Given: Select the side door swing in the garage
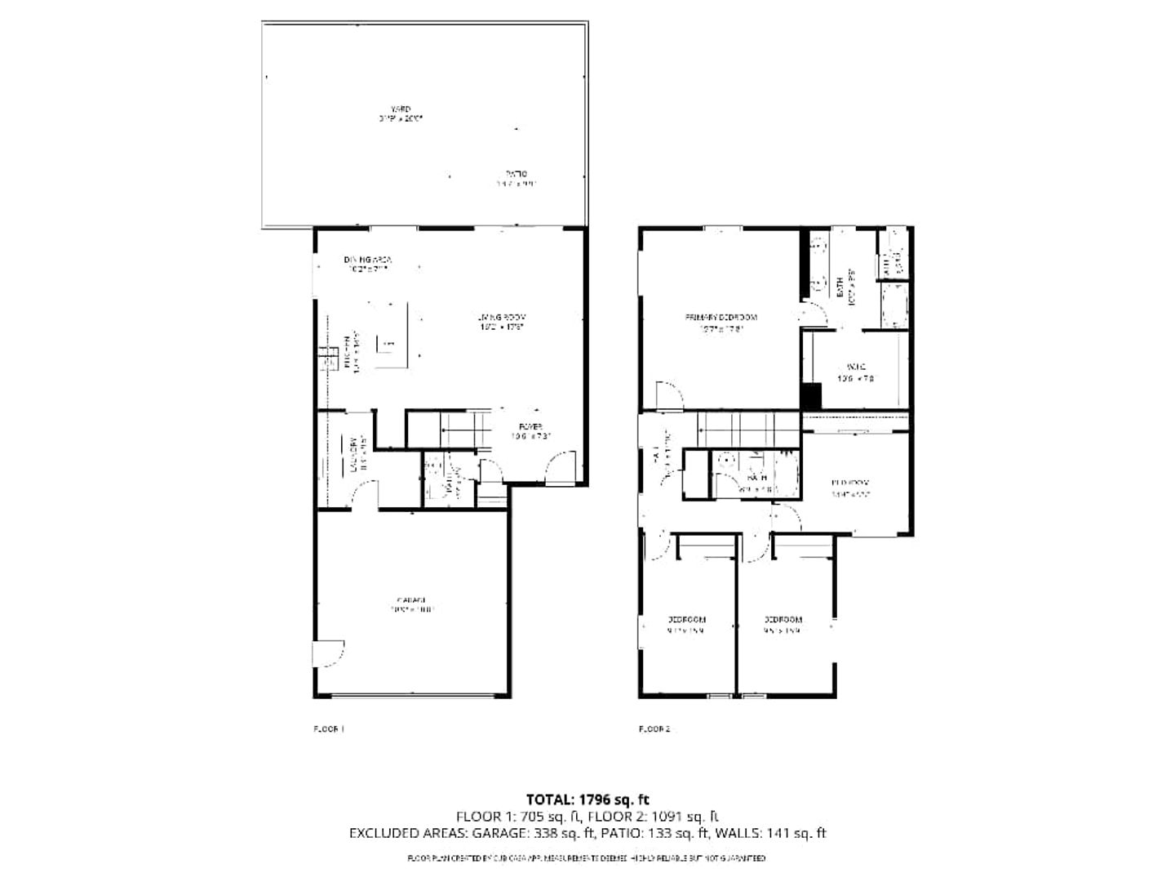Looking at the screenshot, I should tap(330, 654).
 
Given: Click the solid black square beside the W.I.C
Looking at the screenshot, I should tap(810, 396).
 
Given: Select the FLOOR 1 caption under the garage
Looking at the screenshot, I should tap(330, 728).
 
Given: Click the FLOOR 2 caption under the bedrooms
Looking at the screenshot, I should tap(654, 728).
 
